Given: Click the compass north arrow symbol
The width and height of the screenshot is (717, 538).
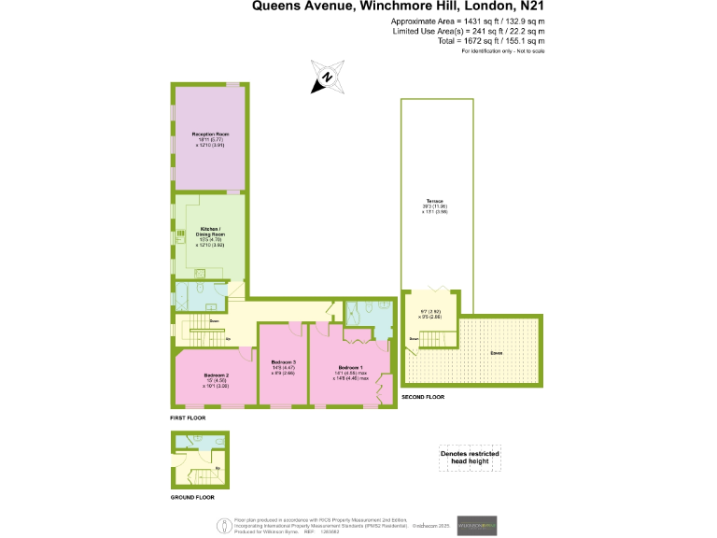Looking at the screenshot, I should (x=326, y=78).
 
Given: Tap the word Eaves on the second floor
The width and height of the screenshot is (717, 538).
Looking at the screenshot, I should (x=495, y=353).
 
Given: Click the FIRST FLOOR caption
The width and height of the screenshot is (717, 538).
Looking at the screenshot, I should (x=188, y=418).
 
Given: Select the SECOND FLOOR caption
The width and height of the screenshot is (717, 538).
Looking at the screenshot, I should (x=423, y=397).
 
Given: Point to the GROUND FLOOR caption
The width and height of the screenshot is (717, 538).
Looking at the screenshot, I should (x=192, y=497).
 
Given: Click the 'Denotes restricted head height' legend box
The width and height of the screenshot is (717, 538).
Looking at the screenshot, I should (x=470, y=458).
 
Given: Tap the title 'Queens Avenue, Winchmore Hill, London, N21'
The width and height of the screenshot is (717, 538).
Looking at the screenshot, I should (x=399, y=7).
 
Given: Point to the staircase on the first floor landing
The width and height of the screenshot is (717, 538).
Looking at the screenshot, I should (x=199, y=328).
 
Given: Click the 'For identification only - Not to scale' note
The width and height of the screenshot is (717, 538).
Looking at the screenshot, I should (x=503, y=50).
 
